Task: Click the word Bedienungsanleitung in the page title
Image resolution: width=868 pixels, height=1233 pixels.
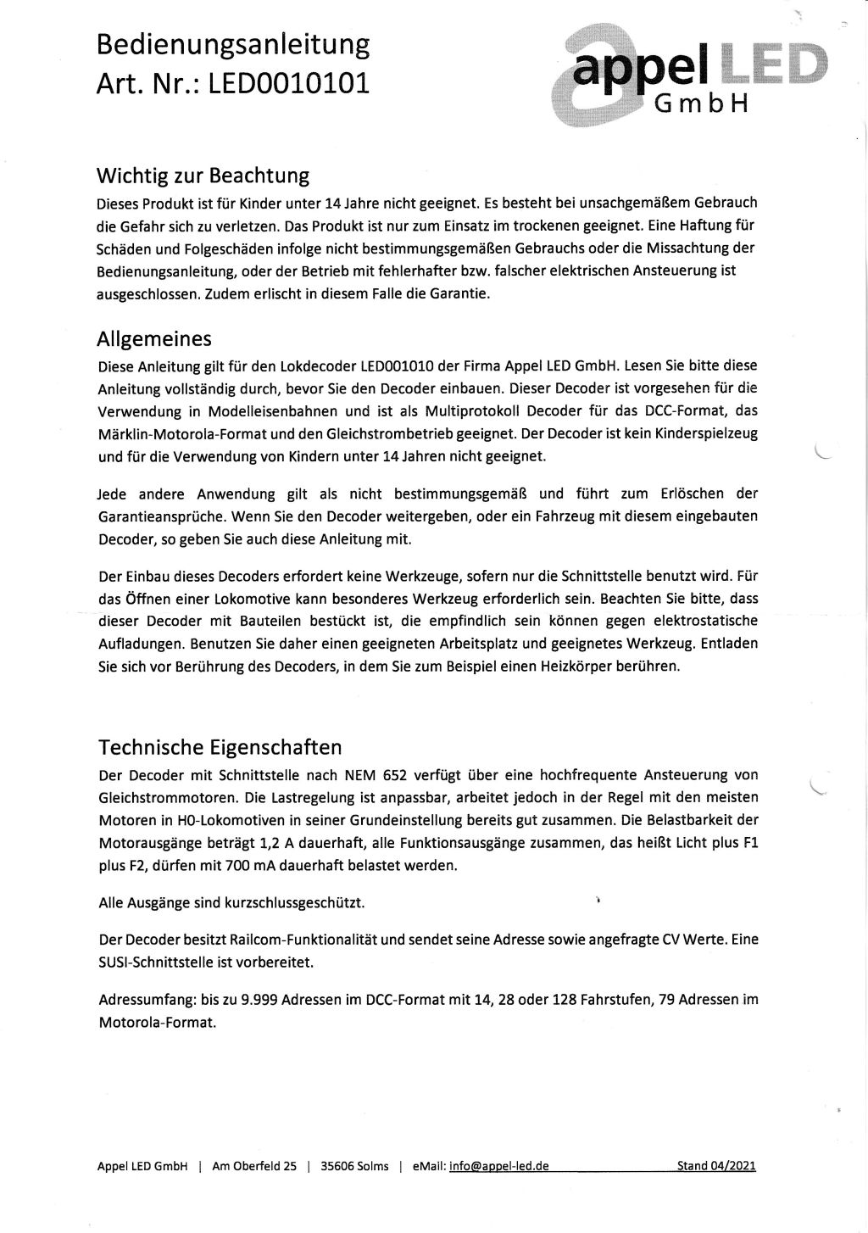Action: (x=233, y=44)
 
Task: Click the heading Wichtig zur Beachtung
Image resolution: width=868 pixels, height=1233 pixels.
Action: (x=203, y=176)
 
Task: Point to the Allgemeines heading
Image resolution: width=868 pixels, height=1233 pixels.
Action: (x=154, y=339)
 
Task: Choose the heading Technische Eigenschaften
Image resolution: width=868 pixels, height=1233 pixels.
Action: (x=220, y=747)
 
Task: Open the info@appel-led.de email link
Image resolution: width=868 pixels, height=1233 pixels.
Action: (x=498, y=1166)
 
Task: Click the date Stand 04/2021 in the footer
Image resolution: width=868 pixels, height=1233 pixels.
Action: (x=715, y=1166)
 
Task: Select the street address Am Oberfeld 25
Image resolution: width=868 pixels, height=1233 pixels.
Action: (x=254, y=1166)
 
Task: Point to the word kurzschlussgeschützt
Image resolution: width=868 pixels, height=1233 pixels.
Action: (x=294, y=903)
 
